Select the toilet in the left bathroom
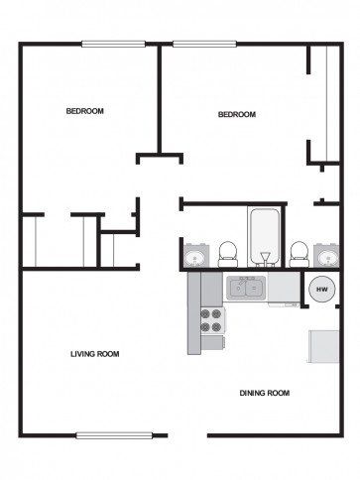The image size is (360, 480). [x=227, y=253]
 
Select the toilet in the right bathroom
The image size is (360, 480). [x=298, y=253]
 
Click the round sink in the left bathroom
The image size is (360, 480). [x=195, y=259]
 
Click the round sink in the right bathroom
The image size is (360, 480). [x=325, y=258]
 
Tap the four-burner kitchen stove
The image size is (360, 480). [x=211, y=320]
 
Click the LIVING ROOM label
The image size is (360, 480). [x=94, y=354]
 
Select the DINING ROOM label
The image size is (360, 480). [x=264, y=393]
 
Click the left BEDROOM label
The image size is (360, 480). [x=84, y=111]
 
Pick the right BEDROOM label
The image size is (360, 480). [x=236, y=115]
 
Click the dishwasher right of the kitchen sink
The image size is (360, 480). [x=283, y=289]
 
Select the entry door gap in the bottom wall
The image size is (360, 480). [x=187, y=434]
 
